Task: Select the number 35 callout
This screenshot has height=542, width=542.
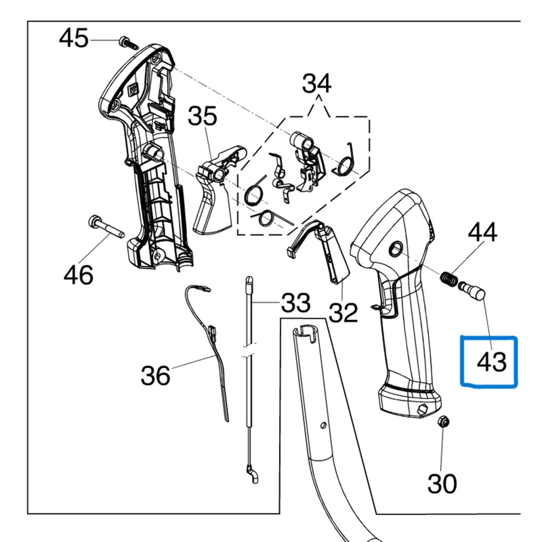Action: point(202,117)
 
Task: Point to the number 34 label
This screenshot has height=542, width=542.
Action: point(316,84)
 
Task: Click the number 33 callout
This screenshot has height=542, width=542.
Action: point(295,302)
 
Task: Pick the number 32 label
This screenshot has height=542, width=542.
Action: point(342,312)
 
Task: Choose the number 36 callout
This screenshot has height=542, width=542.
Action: point(155,375)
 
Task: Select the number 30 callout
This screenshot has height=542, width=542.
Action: point(442,483)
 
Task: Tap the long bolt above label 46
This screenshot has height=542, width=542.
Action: point(104,227)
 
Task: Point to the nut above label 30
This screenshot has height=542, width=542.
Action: point(443,421)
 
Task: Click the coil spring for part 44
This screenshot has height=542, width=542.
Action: point(447,278)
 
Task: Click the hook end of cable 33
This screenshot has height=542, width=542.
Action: point(252,472)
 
